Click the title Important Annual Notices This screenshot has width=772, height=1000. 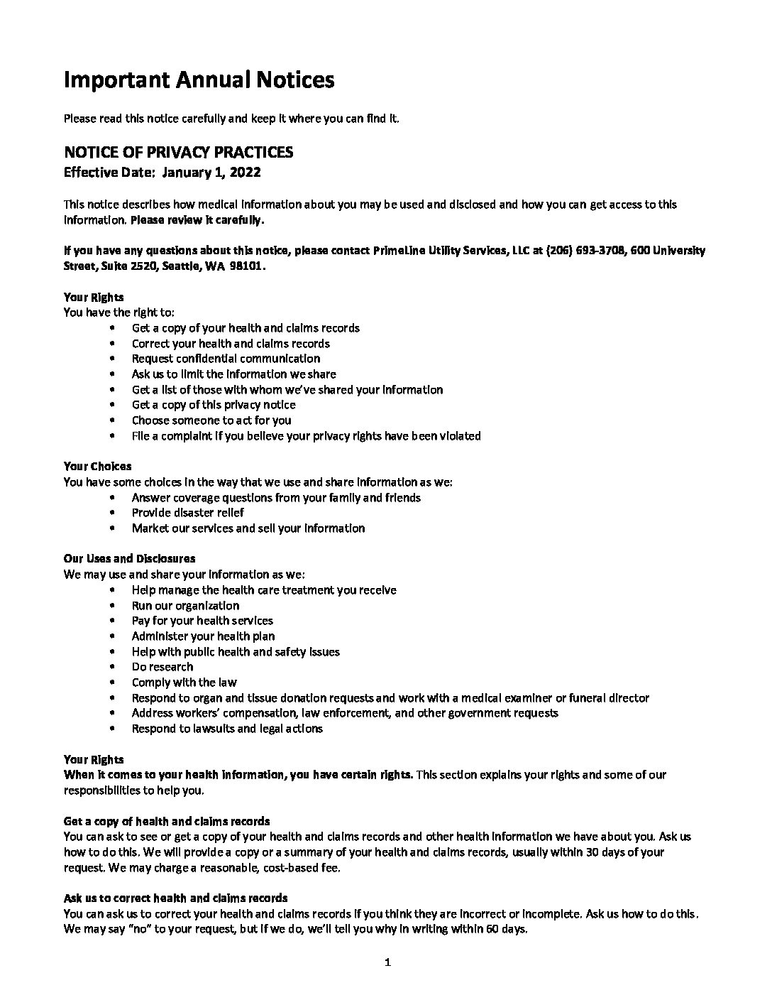199,80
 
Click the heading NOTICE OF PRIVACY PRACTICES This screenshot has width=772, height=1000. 178,152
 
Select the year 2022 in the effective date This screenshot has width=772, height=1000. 246,172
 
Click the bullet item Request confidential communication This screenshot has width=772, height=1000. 226,359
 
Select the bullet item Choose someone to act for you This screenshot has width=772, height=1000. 211,420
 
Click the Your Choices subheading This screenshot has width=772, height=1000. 97,467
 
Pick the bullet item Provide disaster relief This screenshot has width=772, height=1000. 188,513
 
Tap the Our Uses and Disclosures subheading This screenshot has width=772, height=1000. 129,559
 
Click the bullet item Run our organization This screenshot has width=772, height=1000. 185,606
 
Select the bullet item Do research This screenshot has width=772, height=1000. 162,667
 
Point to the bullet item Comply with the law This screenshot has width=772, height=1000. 184,683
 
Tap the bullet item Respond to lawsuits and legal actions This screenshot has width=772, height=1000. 227,729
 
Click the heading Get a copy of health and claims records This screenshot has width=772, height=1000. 167,822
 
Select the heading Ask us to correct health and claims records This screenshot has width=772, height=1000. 175,898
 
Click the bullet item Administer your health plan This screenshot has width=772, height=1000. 203,636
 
